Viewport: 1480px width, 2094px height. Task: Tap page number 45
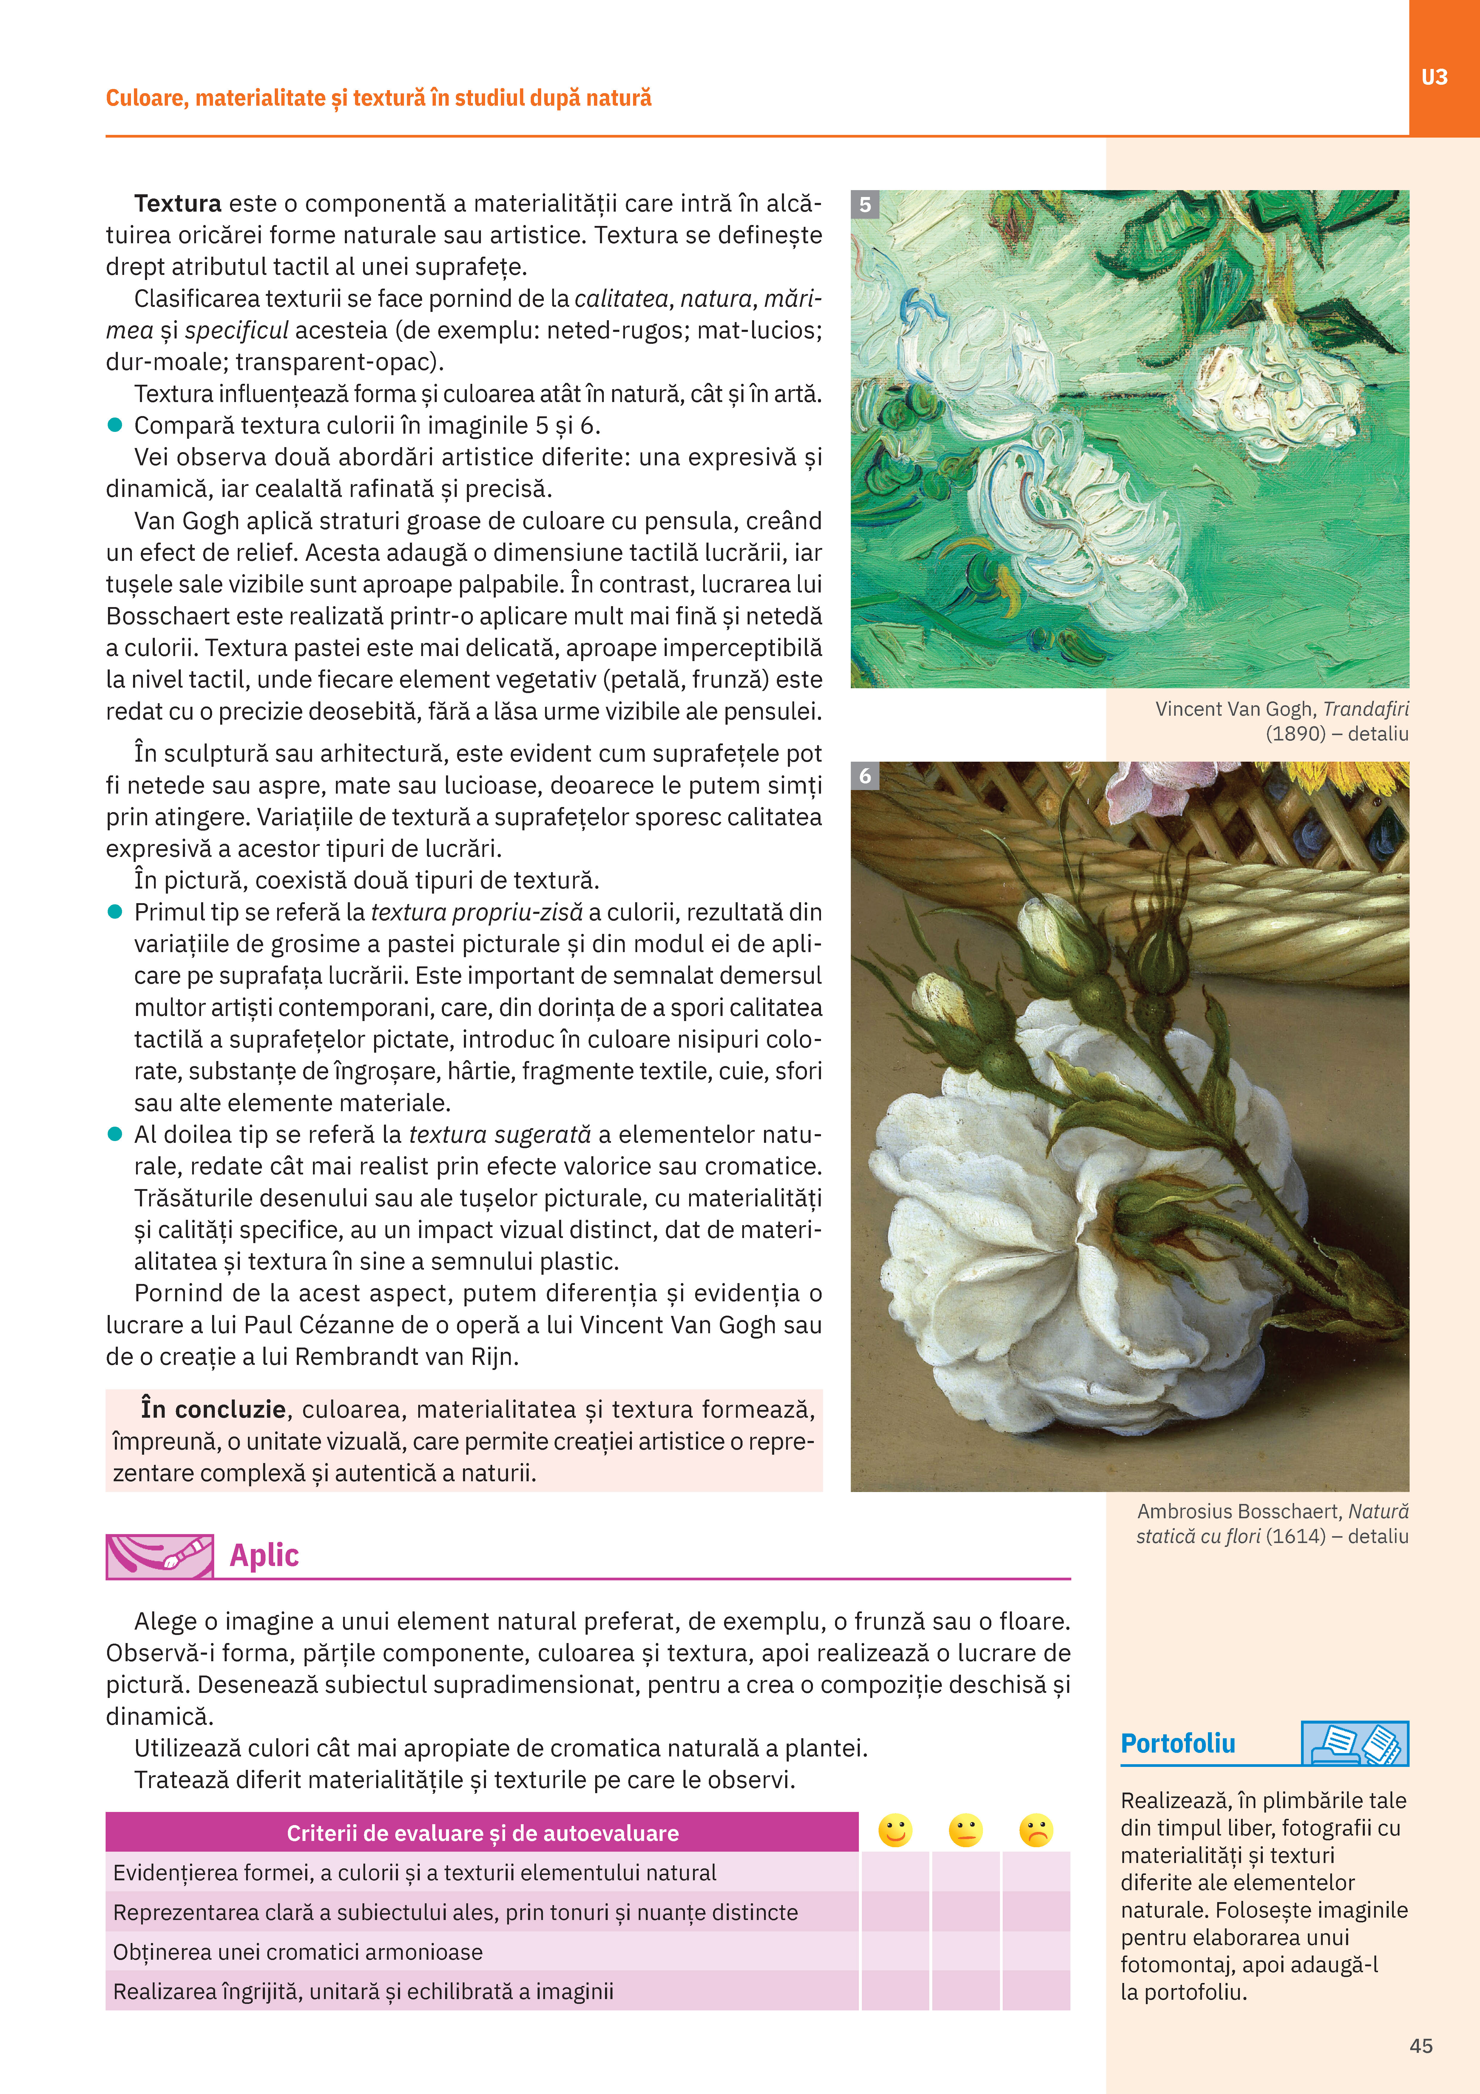1421,2046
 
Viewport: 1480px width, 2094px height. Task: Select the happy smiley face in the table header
895,1830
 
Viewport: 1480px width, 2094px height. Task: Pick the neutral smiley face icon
965,1830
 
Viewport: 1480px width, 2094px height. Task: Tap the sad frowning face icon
1036,1830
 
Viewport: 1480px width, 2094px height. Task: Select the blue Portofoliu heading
1177,1744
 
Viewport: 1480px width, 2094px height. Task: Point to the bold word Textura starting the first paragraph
178,203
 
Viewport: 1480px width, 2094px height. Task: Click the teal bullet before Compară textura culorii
115,425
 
